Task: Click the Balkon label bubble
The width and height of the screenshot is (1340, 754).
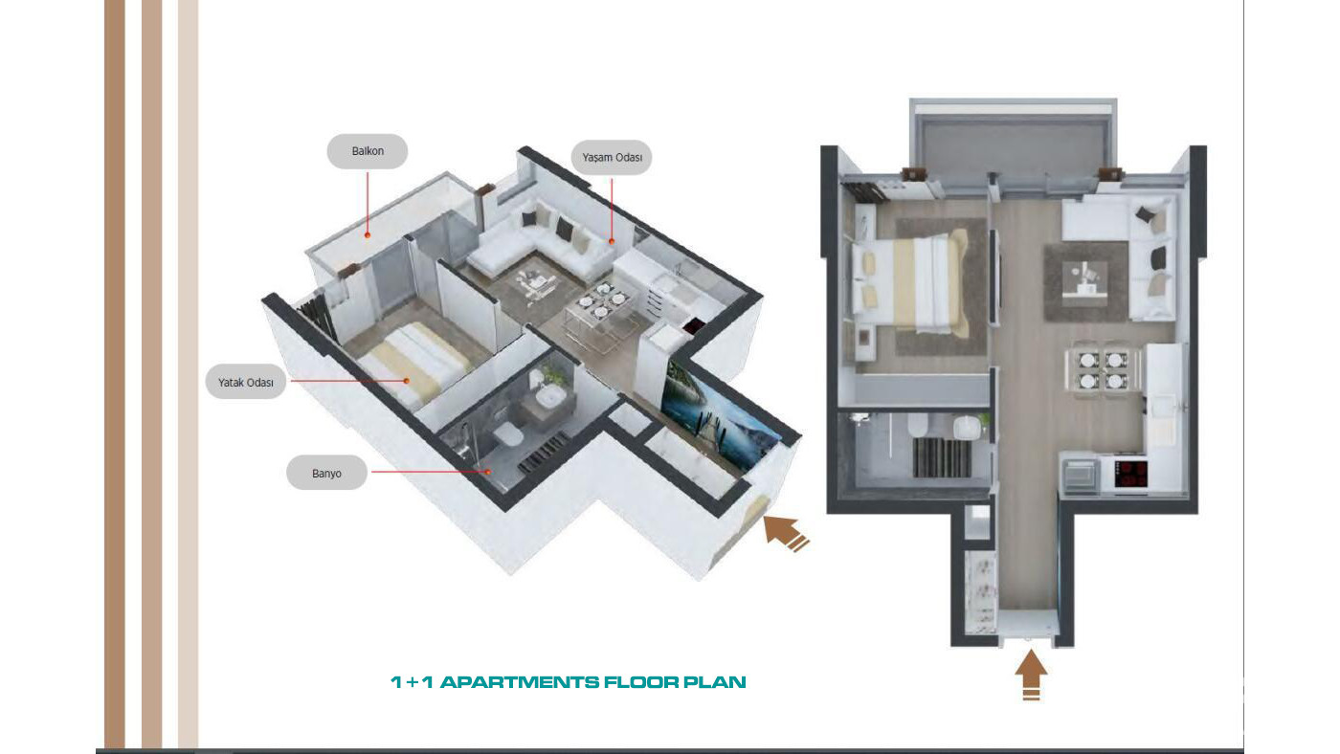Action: [x=368, y=151]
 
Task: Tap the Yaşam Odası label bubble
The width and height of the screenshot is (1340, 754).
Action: [x=612, y=157]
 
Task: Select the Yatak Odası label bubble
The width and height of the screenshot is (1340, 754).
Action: [x=246, y=382]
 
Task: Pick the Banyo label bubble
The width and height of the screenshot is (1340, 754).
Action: [x=326, y=473]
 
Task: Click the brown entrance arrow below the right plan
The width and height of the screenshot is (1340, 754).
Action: [x=1031, y=675]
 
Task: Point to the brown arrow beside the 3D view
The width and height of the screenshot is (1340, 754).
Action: [x=785, y=533]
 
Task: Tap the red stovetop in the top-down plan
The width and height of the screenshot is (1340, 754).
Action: [x=1130, y=475]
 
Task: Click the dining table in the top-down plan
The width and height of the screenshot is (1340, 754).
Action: [x=1102, y=370]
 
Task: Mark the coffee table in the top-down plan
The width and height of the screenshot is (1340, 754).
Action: [x=1083, y=279]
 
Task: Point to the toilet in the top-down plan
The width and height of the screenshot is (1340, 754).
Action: [x=917, y=425]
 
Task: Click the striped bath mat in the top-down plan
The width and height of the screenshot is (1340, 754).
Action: [x=941, y=458]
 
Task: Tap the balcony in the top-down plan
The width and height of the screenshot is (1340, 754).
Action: [x=1014, y=147]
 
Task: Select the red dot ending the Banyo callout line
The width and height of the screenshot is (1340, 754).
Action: [x=488, y=472]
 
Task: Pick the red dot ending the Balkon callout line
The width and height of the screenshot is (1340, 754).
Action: [x=368, y=235]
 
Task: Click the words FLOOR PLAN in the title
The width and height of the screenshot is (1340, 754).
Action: [x=675, y=682]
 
